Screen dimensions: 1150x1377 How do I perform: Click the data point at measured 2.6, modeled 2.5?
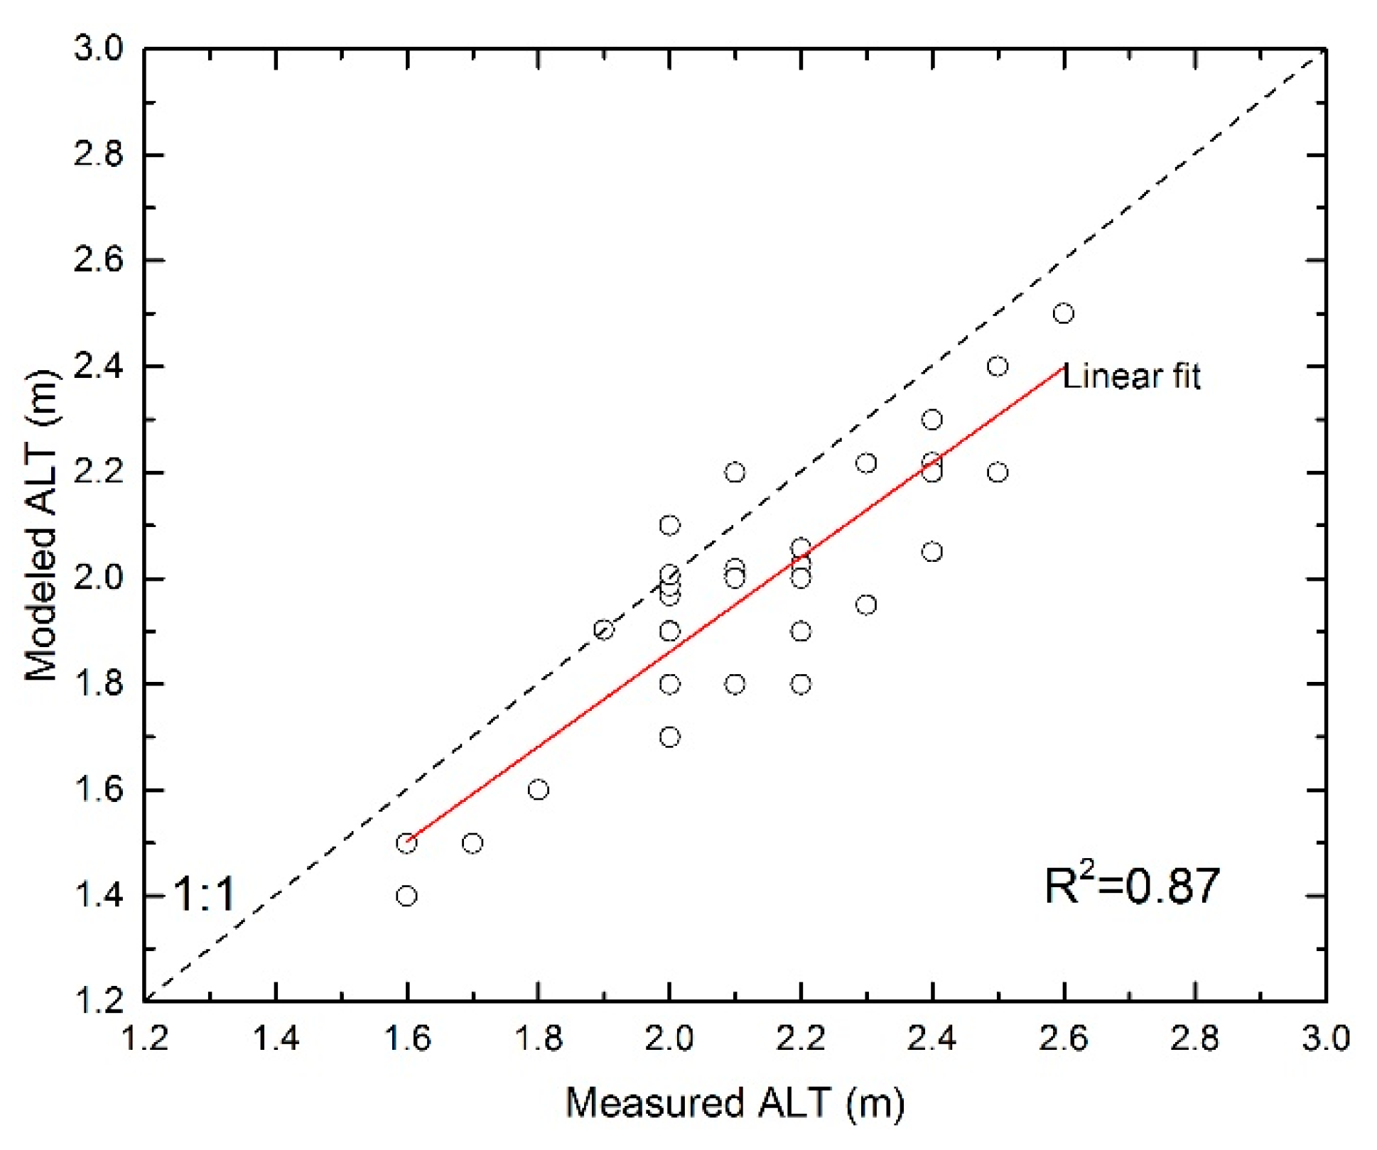(x=1063, y=313)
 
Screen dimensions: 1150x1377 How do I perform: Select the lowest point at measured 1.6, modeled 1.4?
(x=406, y=896)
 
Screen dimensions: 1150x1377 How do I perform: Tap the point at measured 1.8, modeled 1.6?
(x=538, y=790)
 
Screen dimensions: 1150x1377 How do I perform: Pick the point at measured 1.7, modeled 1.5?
(x=472, y=843)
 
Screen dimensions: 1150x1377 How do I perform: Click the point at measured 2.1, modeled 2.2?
(x=735, y=472)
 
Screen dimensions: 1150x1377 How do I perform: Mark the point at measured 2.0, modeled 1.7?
(x=669, y=737)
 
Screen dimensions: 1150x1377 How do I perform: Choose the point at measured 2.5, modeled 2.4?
(x=998, y=367)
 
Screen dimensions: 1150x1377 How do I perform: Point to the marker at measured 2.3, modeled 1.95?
(x=866, y=605)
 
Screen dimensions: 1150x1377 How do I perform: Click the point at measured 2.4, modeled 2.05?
(x=931, y=552)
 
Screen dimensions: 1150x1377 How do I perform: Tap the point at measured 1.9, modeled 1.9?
(x=604, y=630)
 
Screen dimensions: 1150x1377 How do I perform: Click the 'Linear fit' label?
(x=1131, y=376)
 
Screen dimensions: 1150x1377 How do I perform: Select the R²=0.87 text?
(x=1131, y=886)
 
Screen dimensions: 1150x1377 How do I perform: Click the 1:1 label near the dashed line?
(x=204, y=894)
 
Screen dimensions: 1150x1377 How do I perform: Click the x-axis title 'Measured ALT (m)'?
(x=735, y=1103)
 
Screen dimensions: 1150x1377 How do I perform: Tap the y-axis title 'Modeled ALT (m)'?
(x=40, y=526)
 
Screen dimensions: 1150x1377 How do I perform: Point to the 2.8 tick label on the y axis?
(x=98, y=155)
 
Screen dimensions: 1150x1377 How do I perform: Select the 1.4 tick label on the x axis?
(x=276, y=1039)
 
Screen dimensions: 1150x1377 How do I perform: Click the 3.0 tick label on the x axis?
(x=1325, y=1039)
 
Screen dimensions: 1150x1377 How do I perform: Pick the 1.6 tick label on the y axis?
(x=98, y=790)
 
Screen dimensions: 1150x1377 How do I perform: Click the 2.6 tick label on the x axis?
(x=1063, y=1039)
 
